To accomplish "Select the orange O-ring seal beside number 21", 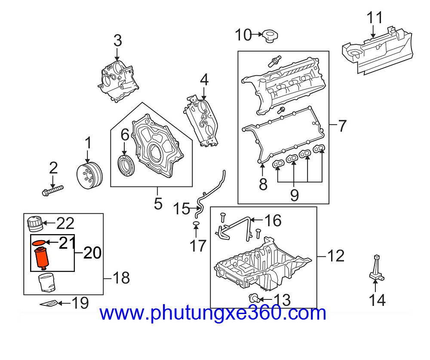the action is [39, 242].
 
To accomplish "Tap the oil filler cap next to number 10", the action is [270, 36].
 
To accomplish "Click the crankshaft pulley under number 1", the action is [89, 176].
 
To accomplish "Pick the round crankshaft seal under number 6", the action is [126, 166].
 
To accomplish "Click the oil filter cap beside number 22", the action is [35, 223].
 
